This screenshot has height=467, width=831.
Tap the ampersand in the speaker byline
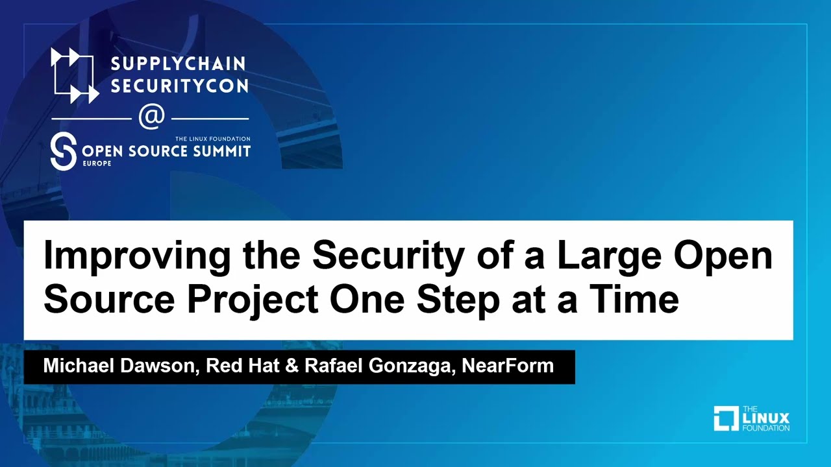point(292,366)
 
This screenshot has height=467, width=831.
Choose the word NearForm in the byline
point(508,366)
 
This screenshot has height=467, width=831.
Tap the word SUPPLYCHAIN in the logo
point(178,64)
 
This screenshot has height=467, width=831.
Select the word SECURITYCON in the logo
point(179,86)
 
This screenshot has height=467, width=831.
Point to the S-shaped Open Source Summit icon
point(63,152)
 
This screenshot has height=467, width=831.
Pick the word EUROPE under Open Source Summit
point(96,163)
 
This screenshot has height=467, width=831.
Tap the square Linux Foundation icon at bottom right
point(725,418)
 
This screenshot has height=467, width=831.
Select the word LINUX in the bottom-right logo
point(765,418)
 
